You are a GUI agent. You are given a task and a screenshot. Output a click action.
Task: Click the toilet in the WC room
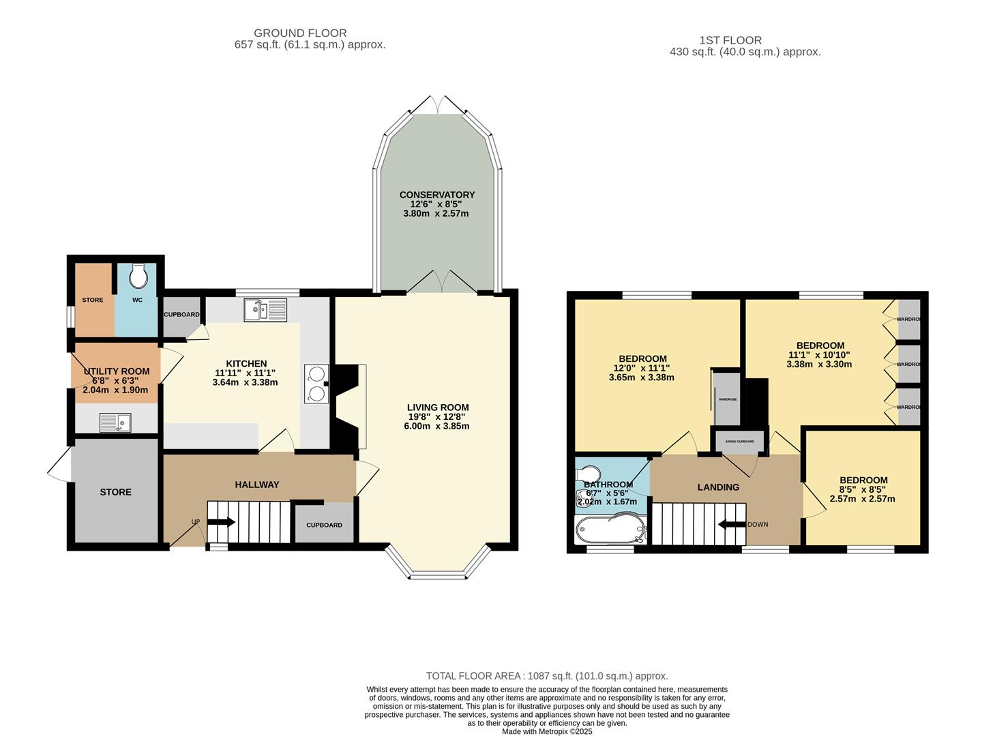click(138, 276)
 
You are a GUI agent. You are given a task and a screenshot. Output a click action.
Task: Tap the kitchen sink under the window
click(267, 310)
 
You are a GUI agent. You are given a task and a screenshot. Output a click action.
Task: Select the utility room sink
click(115, 423)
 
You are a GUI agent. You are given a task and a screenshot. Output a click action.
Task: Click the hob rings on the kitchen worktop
click(316, 383)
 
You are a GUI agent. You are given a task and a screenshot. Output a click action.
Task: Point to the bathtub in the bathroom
click(609, 529)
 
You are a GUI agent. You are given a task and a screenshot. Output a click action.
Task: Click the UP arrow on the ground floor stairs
click(221, 523)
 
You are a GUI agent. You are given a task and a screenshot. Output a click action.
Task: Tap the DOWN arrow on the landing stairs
click(732, 524)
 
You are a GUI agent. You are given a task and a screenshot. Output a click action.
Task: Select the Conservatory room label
click(436, 195)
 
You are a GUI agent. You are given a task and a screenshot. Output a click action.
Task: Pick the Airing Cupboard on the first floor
click(739, 442)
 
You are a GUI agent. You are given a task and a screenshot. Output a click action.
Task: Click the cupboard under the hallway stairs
click(324, 525)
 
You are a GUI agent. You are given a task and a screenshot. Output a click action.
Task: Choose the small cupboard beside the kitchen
click(181, 316)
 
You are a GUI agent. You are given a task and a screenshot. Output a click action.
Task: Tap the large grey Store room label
click(115, 492)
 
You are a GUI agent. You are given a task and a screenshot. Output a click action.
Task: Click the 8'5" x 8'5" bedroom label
click(863, 480)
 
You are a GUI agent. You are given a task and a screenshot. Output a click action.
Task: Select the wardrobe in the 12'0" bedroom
click(727, 399)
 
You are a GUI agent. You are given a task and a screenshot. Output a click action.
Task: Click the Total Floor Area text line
click(547, 676)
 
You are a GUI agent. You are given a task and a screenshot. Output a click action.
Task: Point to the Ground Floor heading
click(300, 33)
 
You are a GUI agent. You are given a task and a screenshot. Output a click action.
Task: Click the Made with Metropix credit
click(547, 731)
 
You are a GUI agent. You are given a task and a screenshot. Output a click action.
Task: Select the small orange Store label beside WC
click(93, 300)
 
